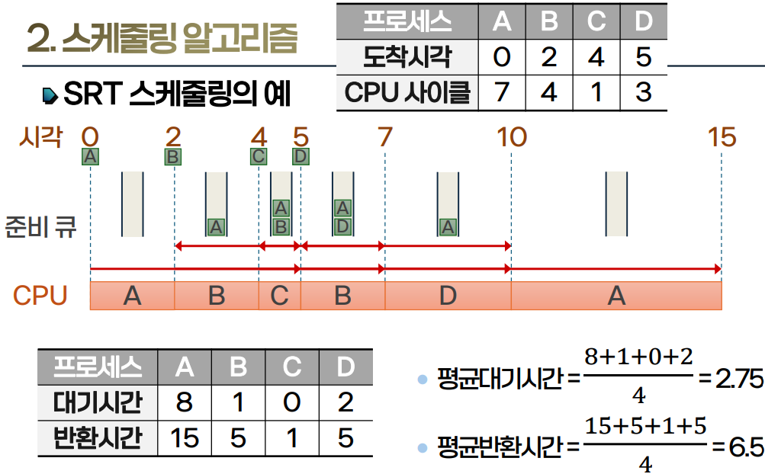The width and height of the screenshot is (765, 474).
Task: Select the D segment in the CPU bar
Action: pos(448,295)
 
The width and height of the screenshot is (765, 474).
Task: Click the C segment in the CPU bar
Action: pos(279,295)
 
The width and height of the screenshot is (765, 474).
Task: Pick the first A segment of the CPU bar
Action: pos(132,295)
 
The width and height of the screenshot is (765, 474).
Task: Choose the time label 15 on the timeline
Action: pos(721,137)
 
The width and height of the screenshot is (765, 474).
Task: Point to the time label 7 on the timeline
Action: pos(384,137)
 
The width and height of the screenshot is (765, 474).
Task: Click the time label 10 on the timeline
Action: pos(511,137)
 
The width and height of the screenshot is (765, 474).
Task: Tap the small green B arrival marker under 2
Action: pos(173,157)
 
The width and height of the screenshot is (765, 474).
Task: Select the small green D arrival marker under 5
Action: pos(301,157)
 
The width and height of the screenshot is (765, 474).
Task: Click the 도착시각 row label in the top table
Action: pos(407,57)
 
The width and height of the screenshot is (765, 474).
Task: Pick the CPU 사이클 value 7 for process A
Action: pos(501,93)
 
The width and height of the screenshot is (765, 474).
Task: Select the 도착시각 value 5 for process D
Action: pos(644,57)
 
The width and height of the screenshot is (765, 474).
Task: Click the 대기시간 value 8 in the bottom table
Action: pos(185,402)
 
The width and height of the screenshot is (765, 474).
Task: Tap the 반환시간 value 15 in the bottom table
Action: pos(185,438)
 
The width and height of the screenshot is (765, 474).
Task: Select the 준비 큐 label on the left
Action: pos(41,226)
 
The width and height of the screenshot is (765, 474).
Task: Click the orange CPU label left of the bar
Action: pos(40,296)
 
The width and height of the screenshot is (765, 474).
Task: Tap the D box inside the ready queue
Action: pos(342,226)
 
